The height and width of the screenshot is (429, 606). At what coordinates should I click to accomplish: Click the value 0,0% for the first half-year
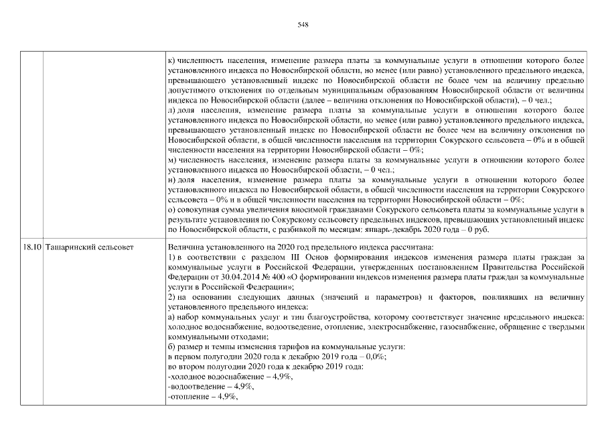(374, 357)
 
